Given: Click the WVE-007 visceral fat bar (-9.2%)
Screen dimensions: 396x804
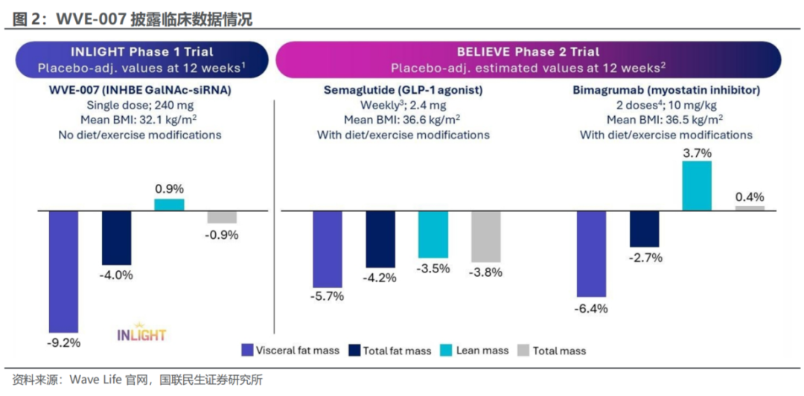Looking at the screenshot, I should tap(64, 271).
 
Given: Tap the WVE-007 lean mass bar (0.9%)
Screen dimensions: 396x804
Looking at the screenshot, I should tap(169, 204).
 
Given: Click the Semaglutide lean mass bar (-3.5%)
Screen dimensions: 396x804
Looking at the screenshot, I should tap(433, 234).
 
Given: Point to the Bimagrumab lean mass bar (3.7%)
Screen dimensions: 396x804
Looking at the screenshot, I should tap(697, 185).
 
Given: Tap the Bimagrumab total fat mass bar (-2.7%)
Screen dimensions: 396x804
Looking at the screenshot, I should tap(645, 228).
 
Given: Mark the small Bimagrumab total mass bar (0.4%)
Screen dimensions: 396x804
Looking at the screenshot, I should tap(750, 208).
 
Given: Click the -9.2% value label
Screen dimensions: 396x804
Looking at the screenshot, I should tap(64, 343).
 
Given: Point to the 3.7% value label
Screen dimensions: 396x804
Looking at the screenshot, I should tap(697, 152).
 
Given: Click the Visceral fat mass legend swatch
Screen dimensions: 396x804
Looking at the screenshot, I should tap(247, 350).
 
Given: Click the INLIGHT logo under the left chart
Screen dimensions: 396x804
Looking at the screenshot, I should tap(141, 334).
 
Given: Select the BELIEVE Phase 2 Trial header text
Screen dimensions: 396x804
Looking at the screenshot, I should tap(529, 52).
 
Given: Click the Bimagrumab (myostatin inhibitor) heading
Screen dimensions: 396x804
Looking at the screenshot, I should tap(666, 90).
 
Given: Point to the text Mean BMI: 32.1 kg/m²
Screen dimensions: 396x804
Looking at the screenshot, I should tap(141, 120).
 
